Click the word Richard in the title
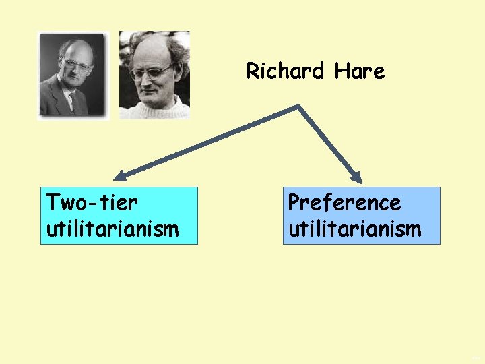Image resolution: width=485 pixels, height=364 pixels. (x=284, y=71)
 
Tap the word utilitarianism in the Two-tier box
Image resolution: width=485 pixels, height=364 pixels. (x=112, y=229)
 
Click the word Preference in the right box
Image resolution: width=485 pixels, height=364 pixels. (x=344, y=202)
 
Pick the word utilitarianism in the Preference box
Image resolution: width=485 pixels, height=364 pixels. (x=354, y=229)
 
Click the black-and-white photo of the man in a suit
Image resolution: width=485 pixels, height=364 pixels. (x=72, y=75)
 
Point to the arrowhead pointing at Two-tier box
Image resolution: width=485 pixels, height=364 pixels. (x=119, y=177)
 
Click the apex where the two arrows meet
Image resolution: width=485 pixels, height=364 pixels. (x=298, y=107)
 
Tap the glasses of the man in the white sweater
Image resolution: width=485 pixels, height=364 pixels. (x=152, y=70)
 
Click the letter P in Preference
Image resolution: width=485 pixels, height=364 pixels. (x=294, y=202)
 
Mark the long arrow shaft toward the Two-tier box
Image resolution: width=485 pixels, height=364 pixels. (x=209, y=142)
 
